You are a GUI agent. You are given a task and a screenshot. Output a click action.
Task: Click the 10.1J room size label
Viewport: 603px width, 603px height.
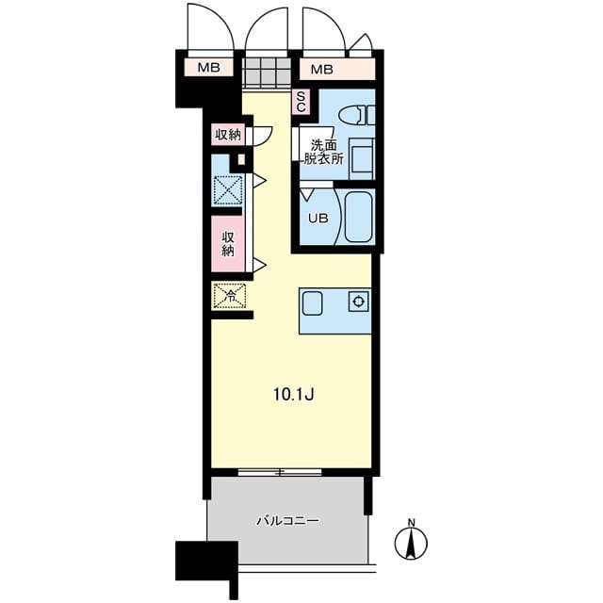[x=294, y=394]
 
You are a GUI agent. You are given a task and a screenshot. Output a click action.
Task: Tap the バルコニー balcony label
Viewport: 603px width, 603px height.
[x=287, y=521]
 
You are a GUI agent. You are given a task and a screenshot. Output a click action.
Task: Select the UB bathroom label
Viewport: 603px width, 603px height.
[x=318, y=219]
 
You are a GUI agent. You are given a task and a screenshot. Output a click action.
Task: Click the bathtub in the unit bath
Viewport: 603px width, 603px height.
[x=358, y=217]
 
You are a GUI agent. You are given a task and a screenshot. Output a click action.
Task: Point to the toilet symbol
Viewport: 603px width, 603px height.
[x=356, y=115]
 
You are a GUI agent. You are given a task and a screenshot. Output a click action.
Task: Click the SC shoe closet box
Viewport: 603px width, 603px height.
[x=301, y=102]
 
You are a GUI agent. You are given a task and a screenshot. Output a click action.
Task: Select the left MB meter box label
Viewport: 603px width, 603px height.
[x=209, y=68]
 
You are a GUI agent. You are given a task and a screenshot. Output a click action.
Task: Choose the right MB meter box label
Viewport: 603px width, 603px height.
[x=322, y=70]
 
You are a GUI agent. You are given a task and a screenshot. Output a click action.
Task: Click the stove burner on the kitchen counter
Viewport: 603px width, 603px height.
[x=359, y=301]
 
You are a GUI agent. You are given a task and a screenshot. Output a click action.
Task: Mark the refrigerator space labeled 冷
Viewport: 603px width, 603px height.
[x=230, y=296]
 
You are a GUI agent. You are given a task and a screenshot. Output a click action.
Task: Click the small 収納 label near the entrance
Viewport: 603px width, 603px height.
[x=228, y=135]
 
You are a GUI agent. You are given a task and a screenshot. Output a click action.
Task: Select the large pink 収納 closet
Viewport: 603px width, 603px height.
[x=228, y=244]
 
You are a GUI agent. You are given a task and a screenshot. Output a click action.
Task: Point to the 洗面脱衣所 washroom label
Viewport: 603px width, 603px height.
[x=324, y=153]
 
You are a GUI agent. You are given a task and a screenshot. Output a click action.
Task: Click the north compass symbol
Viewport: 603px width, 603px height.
[x=411, y=543]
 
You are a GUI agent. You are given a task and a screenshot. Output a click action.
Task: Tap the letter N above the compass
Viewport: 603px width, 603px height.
[x=412, y=523]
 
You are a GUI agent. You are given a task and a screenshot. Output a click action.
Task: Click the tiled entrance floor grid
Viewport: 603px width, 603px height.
[x=267, y=72]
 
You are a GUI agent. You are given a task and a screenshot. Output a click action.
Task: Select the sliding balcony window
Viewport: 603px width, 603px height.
[x=280, y=472]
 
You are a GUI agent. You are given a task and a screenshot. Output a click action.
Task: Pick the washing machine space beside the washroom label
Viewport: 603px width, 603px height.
[x=361, y=159]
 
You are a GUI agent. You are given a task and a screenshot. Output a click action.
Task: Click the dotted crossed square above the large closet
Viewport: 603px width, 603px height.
[x=228, y=190]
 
